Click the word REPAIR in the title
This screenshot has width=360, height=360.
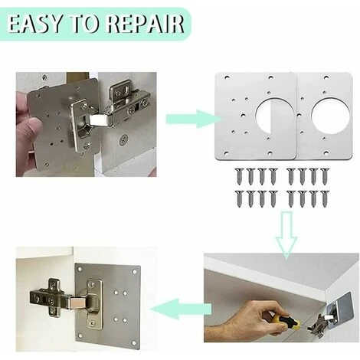(x=145, y=25)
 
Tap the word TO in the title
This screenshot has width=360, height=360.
(x=84, y=25)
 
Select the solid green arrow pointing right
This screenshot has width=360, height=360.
(x=194, y=119)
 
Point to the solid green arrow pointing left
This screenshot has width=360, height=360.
(x=182, y=309)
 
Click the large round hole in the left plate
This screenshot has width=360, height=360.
(x=274, y=116)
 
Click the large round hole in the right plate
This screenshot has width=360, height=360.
(x=330, y=116)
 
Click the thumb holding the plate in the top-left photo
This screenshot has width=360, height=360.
(x=31, y=126)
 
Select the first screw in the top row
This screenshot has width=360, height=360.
(x=240, y=176)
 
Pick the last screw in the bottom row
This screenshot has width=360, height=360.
(x=325, y=199)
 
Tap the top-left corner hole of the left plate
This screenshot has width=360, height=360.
(x=226, y=77)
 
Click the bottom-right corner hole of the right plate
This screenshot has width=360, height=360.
(x=326, y=153)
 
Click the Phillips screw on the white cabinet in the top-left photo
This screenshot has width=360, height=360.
(x=124, y=140)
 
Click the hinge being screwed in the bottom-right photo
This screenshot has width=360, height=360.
(x=319, y=324)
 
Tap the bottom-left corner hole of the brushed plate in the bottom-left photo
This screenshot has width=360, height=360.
(x=81, y=335)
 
